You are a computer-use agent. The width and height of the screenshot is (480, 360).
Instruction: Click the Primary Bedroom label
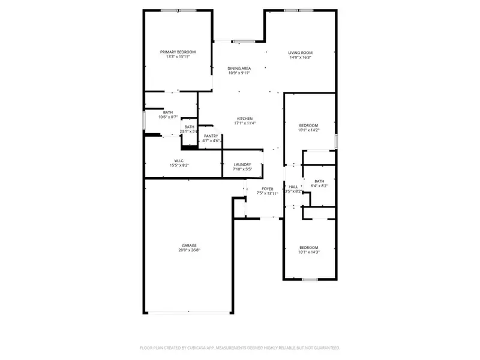coord(178,52)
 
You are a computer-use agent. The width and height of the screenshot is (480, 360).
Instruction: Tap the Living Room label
coord(300,52)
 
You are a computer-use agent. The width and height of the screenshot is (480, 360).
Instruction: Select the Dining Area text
coord(239,68)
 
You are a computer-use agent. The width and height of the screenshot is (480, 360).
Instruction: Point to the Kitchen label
coord(244,118)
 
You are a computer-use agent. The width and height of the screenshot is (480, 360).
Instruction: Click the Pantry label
coord(211,136)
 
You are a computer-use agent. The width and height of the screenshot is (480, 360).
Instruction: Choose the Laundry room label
coord(242,164)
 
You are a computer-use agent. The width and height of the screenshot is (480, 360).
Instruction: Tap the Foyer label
coord(268,189)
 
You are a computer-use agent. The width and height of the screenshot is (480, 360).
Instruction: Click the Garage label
coord(190,245)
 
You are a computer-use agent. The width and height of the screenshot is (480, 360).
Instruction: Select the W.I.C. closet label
coord(179,160)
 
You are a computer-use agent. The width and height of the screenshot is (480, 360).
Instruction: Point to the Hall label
coord(293,187)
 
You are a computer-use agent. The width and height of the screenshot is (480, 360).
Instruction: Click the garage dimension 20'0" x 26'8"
coord(190,251)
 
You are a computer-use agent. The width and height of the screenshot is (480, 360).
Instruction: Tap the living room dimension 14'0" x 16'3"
coord(300,58)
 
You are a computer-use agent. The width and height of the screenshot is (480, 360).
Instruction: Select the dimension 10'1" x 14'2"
coord(309,130)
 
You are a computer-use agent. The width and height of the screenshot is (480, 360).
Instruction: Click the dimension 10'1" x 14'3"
coord(309,252)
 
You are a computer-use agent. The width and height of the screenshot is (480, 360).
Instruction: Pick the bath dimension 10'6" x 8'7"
coord(168,117)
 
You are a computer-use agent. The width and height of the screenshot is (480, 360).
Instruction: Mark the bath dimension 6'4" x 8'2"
coord(319,186)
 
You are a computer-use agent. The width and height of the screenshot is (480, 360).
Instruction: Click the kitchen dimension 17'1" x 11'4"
coord(245,124)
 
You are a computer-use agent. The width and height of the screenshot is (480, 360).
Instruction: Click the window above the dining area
coord(243,41)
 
